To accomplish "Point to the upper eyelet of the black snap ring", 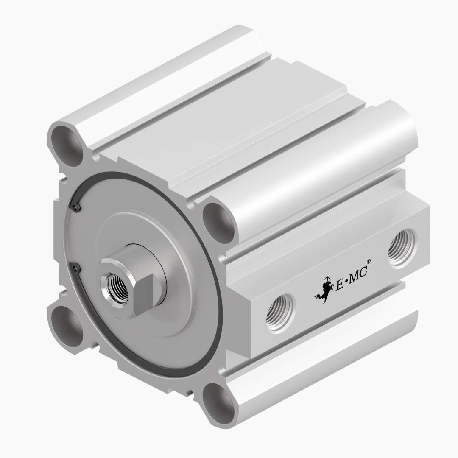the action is (x=77, y=207).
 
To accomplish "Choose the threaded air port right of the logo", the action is (x=402, y=248).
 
